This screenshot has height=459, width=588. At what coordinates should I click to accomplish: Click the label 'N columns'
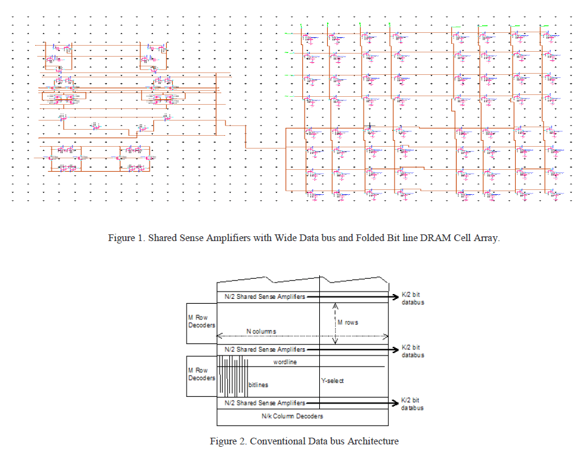(261, 331)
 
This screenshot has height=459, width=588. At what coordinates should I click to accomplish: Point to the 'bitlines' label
(258, 385)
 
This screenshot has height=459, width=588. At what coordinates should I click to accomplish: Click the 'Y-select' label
(332, 380)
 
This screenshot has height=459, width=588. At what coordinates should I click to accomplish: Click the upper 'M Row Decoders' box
(201, 321)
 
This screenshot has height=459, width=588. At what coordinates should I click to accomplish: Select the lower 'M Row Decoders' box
(201, 374)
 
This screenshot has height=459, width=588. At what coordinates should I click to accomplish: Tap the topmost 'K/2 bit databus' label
(412, 298)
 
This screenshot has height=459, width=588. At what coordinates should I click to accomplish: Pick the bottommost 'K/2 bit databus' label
(412, 404)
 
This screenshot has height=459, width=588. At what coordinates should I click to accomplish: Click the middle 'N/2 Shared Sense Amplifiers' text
(265, 349)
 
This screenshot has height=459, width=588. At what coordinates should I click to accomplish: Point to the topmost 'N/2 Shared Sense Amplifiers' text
(265, 296)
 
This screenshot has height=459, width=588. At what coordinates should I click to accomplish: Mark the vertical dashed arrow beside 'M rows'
(336, 323)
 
